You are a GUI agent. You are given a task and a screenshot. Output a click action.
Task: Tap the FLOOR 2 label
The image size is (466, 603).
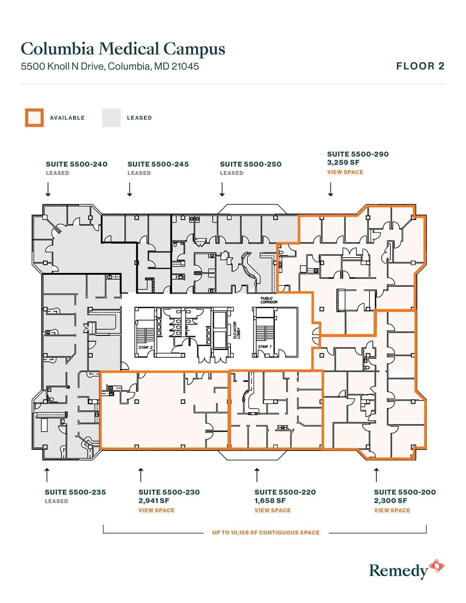pyautogui.click(x=420, y=66)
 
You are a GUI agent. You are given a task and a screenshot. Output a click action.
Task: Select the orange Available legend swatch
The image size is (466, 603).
pyautogui.click(x=34, y=118)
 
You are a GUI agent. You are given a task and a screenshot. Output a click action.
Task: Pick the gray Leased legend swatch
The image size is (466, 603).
pyautogui.click(x=111, y=118)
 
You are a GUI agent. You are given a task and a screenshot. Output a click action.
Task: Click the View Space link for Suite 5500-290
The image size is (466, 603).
pyautogui.click(x=345, y=172)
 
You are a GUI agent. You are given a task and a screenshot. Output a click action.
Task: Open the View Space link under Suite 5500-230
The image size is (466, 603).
pyautogui.click(x=156, y=510)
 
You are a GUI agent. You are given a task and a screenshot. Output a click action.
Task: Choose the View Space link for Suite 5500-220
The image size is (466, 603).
pyautogui.click(x=273, y=510)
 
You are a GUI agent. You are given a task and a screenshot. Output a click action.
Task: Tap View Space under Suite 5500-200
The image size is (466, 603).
pyautogui.click(x=392, y=510)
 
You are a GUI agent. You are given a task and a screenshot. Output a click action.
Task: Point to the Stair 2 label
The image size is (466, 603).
pyautogui.click(x=145, y=347)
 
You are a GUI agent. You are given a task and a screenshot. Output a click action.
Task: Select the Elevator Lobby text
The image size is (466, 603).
pyautogui.click(x=236, y=330)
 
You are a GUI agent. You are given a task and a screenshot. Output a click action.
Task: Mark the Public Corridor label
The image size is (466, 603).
pyautogui.click(x=269, y=300)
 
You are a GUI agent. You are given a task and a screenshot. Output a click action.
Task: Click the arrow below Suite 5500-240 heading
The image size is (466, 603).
pyautogui.click(x=48, y=190)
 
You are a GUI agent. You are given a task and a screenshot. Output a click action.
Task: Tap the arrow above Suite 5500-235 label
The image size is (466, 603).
pyautogui.click(x=47, y=474)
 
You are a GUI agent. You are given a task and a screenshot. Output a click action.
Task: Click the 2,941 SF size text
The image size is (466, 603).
pyautogui.click(x=154, y=501)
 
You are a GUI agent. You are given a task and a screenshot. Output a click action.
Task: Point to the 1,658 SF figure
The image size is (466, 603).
pyautogui.click(x=270, y=501)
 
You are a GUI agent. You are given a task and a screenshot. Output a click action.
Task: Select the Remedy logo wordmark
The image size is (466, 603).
pyautogui.click(x=398, y=571)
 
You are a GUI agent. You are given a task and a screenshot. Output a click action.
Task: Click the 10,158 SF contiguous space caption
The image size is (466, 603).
pyautogui.click(x=266, y=533)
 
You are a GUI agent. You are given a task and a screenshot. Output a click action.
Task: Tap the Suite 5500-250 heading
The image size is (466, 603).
pyautogui.click(x=251, y=164)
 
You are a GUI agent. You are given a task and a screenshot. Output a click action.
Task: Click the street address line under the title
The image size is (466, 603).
pyautogui.click(x=110, y=67)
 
